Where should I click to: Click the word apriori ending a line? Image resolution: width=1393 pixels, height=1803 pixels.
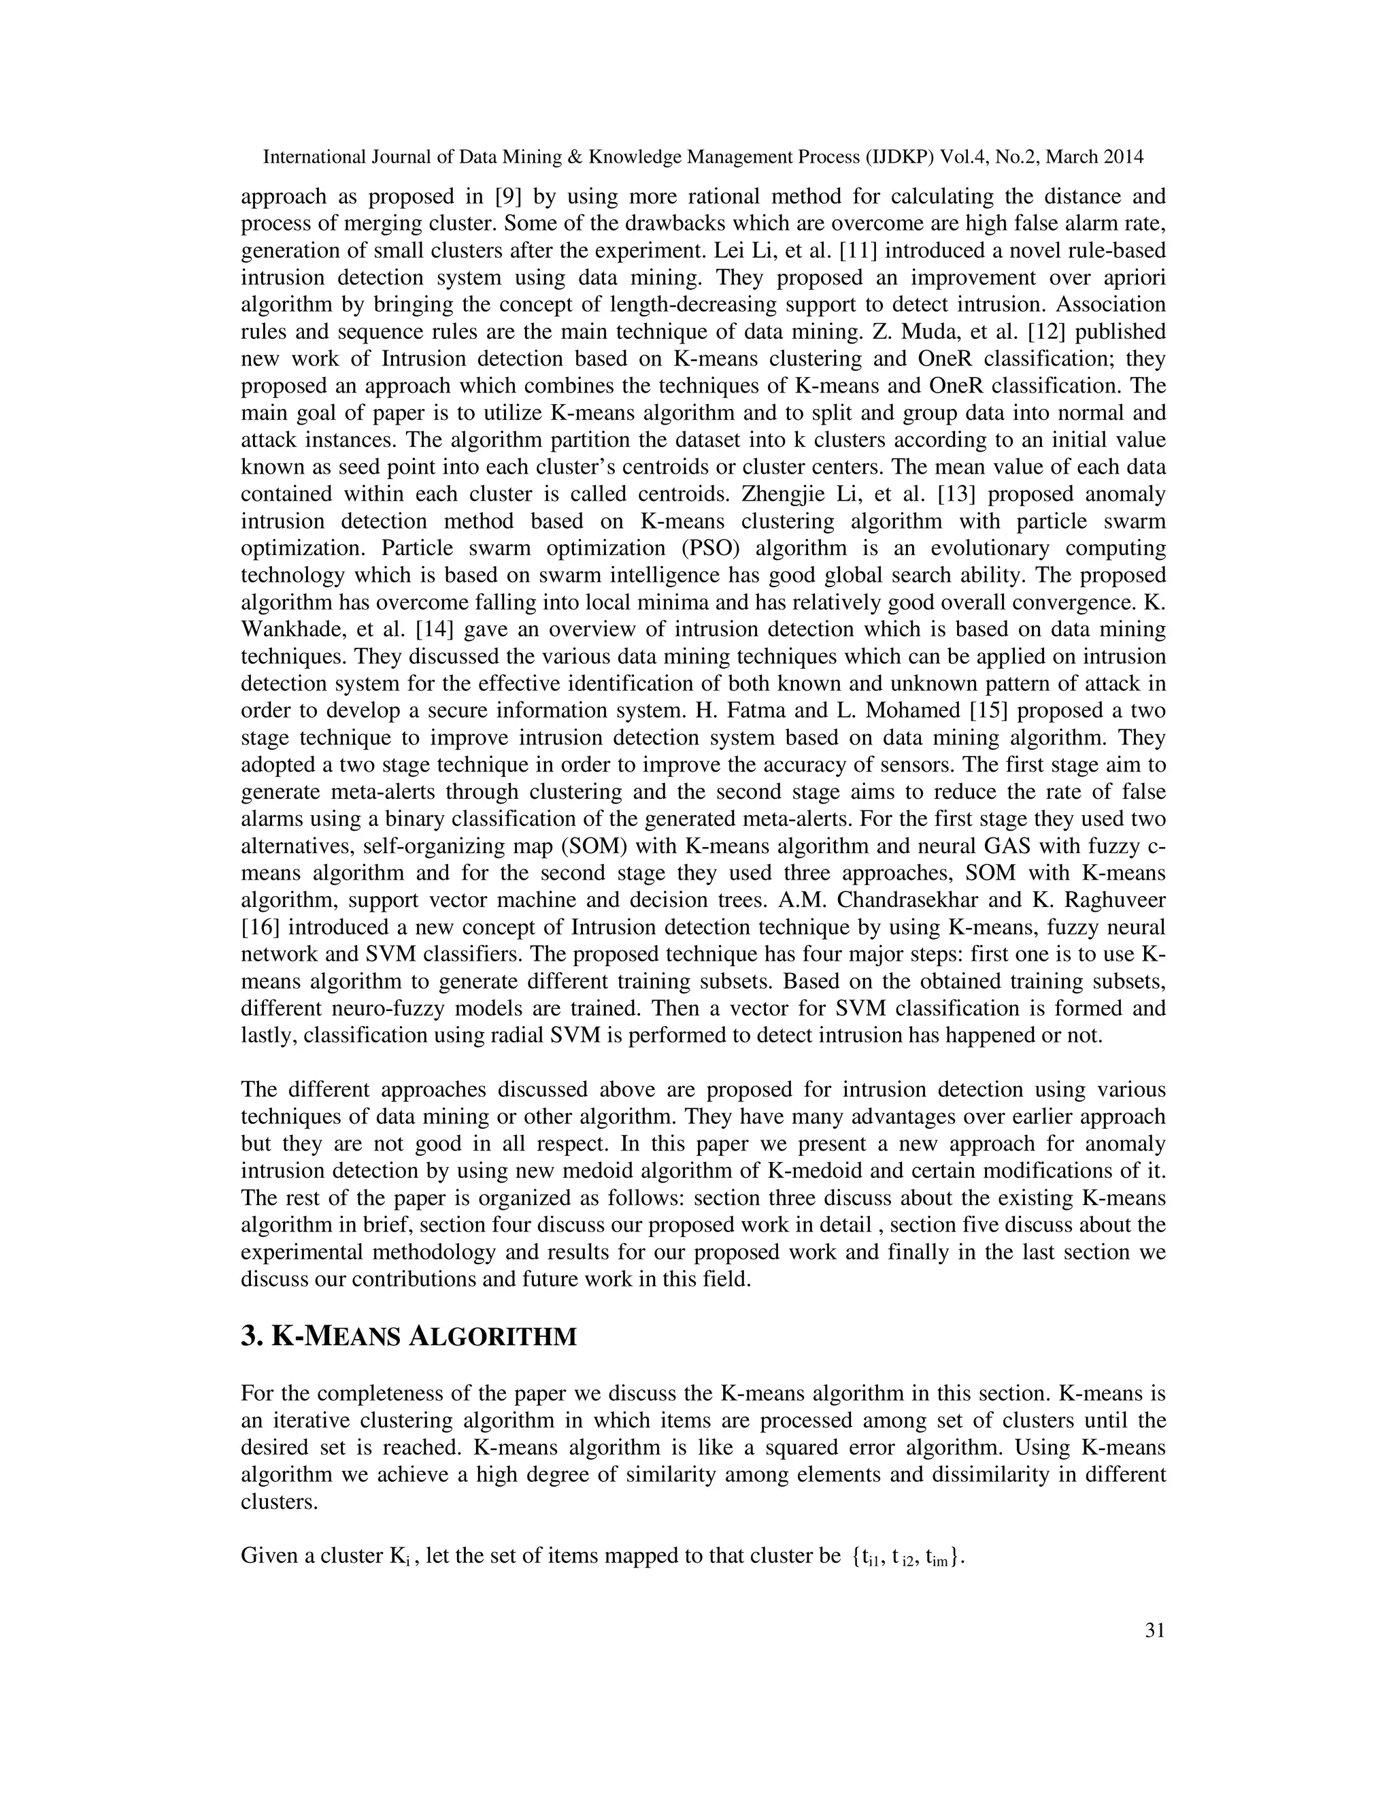pyautogui.click(x=1132, y=278)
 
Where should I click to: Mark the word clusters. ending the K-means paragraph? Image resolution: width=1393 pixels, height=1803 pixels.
pyautogui.click(x=279, y=1502)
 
